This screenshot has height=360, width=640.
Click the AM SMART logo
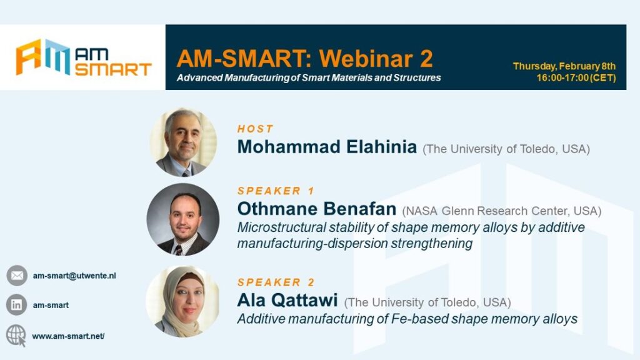tap(84, 57)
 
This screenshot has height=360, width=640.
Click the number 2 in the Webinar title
tap(426, 58)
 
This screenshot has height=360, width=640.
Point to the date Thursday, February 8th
tap(564, 66)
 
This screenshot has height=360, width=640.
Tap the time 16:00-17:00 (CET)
tap(576, 77)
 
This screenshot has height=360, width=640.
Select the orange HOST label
tap(255, 129)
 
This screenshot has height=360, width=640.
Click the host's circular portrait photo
tap(183, 142)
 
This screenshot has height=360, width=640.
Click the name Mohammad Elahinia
tap(327, 146)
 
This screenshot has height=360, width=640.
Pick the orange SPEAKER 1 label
tap(276, 191)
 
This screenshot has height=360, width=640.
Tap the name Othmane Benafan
tap(317, 209)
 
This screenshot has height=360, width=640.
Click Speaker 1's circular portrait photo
tap(183, 219)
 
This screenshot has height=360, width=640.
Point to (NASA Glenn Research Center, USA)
tap(502, 211)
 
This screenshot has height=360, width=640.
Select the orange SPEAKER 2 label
tap(276, 282)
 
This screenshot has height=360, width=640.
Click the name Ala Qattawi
tap(287, 300)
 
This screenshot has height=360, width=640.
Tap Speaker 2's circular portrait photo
tap(183, 302)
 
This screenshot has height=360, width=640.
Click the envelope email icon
tap(17, 276)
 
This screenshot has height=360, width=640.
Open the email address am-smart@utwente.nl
tap(74, 276)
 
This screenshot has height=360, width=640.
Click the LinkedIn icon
tap(16, 305)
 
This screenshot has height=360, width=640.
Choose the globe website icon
tap(16, 336)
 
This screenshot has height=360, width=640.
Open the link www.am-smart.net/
tap(68, 336)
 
